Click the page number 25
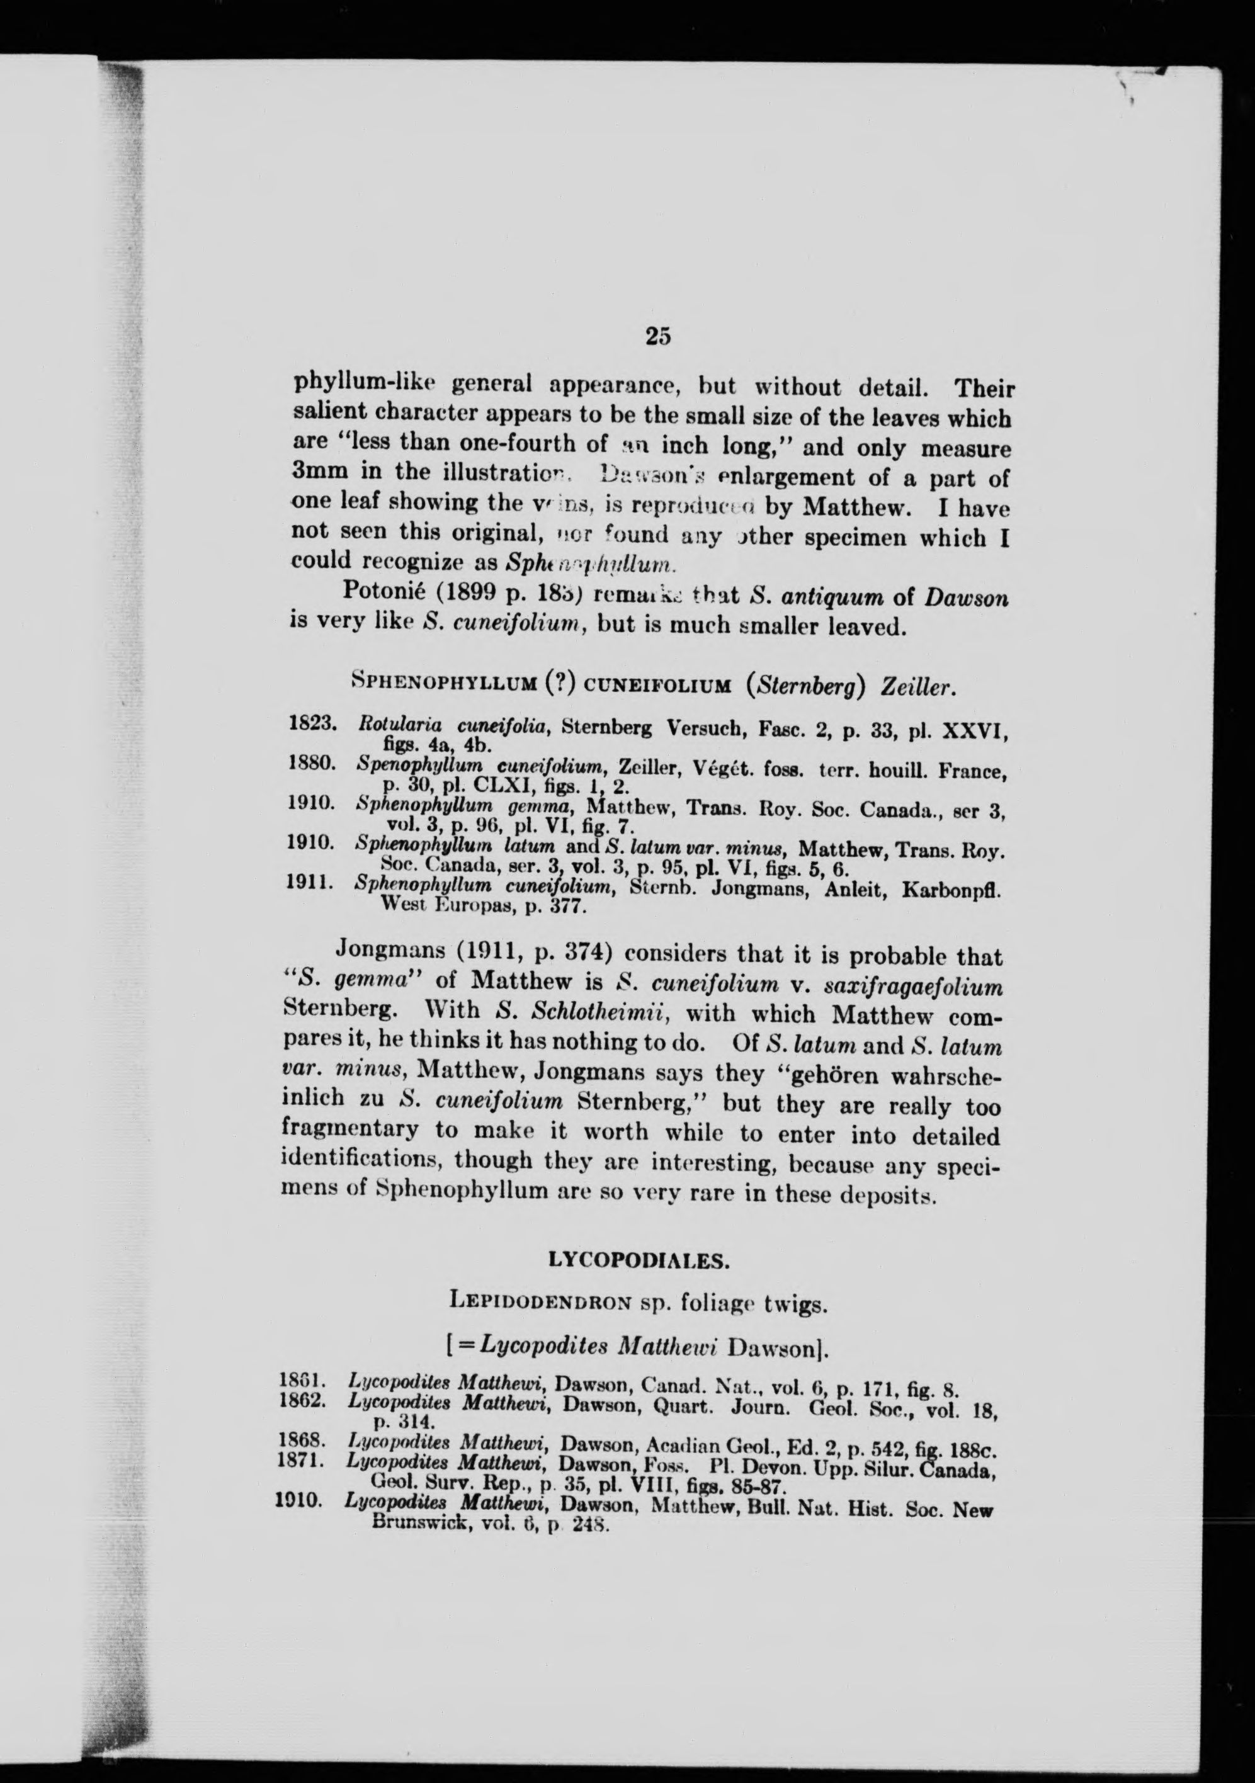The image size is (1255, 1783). click(657, 336)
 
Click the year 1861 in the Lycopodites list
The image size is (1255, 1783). click(300, 1383)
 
